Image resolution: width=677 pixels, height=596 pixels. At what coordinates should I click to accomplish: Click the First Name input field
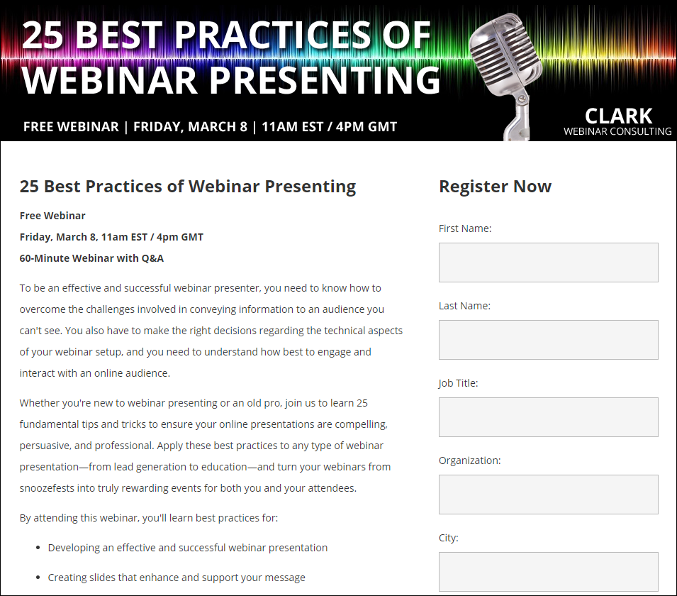coord(549,263)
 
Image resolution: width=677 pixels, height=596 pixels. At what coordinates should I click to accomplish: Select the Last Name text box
coord(549,340)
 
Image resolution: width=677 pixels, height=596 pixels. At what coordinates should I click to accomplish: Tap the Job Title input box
coord(549,417)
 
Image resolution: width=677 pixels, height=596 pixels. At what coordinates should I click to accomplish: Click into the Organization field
coord(549,495)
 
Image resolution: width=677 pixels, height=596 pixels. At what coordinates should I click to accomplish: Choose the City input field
coord(549,572)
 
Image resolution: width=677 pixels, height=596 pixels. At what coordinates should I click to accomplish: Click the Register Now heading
coord(496,187)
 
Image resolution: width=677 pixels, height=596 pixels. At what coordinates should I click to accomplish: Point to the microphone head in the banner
coord(505,51)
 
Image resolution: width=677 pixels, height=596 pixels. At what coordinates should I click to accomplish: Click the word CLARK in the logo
coord(618,116)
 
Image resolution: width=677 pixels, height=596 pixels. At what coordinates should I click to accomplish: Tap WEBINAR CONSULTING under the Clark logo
coord(617,131)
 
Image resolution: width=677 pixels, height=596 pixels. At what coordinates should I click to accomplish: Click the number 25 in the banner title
coord(43,35)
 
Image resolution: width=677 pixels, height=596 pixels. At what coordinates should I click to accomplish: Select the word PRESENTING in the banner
coord(325,80)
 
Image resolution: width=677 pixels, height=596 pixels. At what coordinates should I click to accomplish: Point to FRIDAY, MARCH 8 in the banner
coord(190,126)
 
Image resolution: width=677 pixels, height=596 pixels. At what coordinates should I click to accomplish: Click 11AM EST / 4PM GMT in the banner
coord(329,126)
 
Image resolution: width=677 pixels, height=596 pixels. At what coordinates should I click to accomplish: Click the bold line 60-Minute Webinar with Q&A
coord(91,258)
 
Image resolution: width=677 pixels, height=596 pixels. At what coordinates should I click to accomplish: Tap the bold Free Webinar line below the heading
coord(52,216)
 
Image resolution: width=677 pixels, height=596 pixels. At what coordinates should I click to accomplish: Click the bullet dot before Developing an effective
coord(38,548)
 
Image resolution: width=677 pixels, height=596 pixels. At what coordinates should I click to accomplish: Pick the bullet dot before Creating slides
coord(38,578)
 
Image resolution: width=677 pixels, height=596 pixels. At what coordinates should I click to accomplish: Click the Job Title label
coord(458,383)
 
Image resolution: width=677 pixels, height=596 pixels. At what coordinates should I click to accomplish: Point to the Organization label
coord(470,460)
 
